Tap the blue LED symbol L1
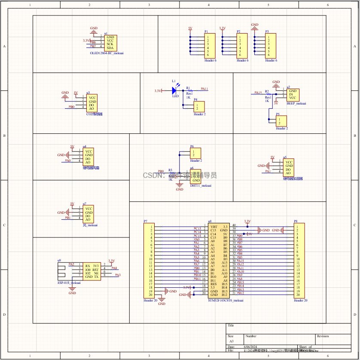point(174,91)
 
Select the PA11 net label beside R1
point(204,89)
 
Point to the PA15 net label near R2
point(258,92)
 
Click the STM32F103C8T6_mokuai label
point(226,301)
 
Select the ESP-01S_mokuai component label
point(69,283)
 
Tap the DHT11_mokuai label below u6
point(201,185)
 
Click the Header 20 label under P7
point(150,301)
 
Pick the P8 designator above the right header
point(296,221)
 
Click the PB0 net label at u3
point(72,106)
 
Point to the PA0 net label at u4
point(67,160)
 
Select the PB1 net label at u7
point(68,218)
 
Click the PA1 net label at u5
point(268,172)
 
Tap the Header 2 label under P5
point(282,128)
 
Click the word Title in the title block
point(231,326)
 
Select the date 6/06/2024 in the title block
point(250,346)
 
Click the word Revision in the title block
point(323,336)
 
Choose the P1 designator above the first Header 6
point(206,32)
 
